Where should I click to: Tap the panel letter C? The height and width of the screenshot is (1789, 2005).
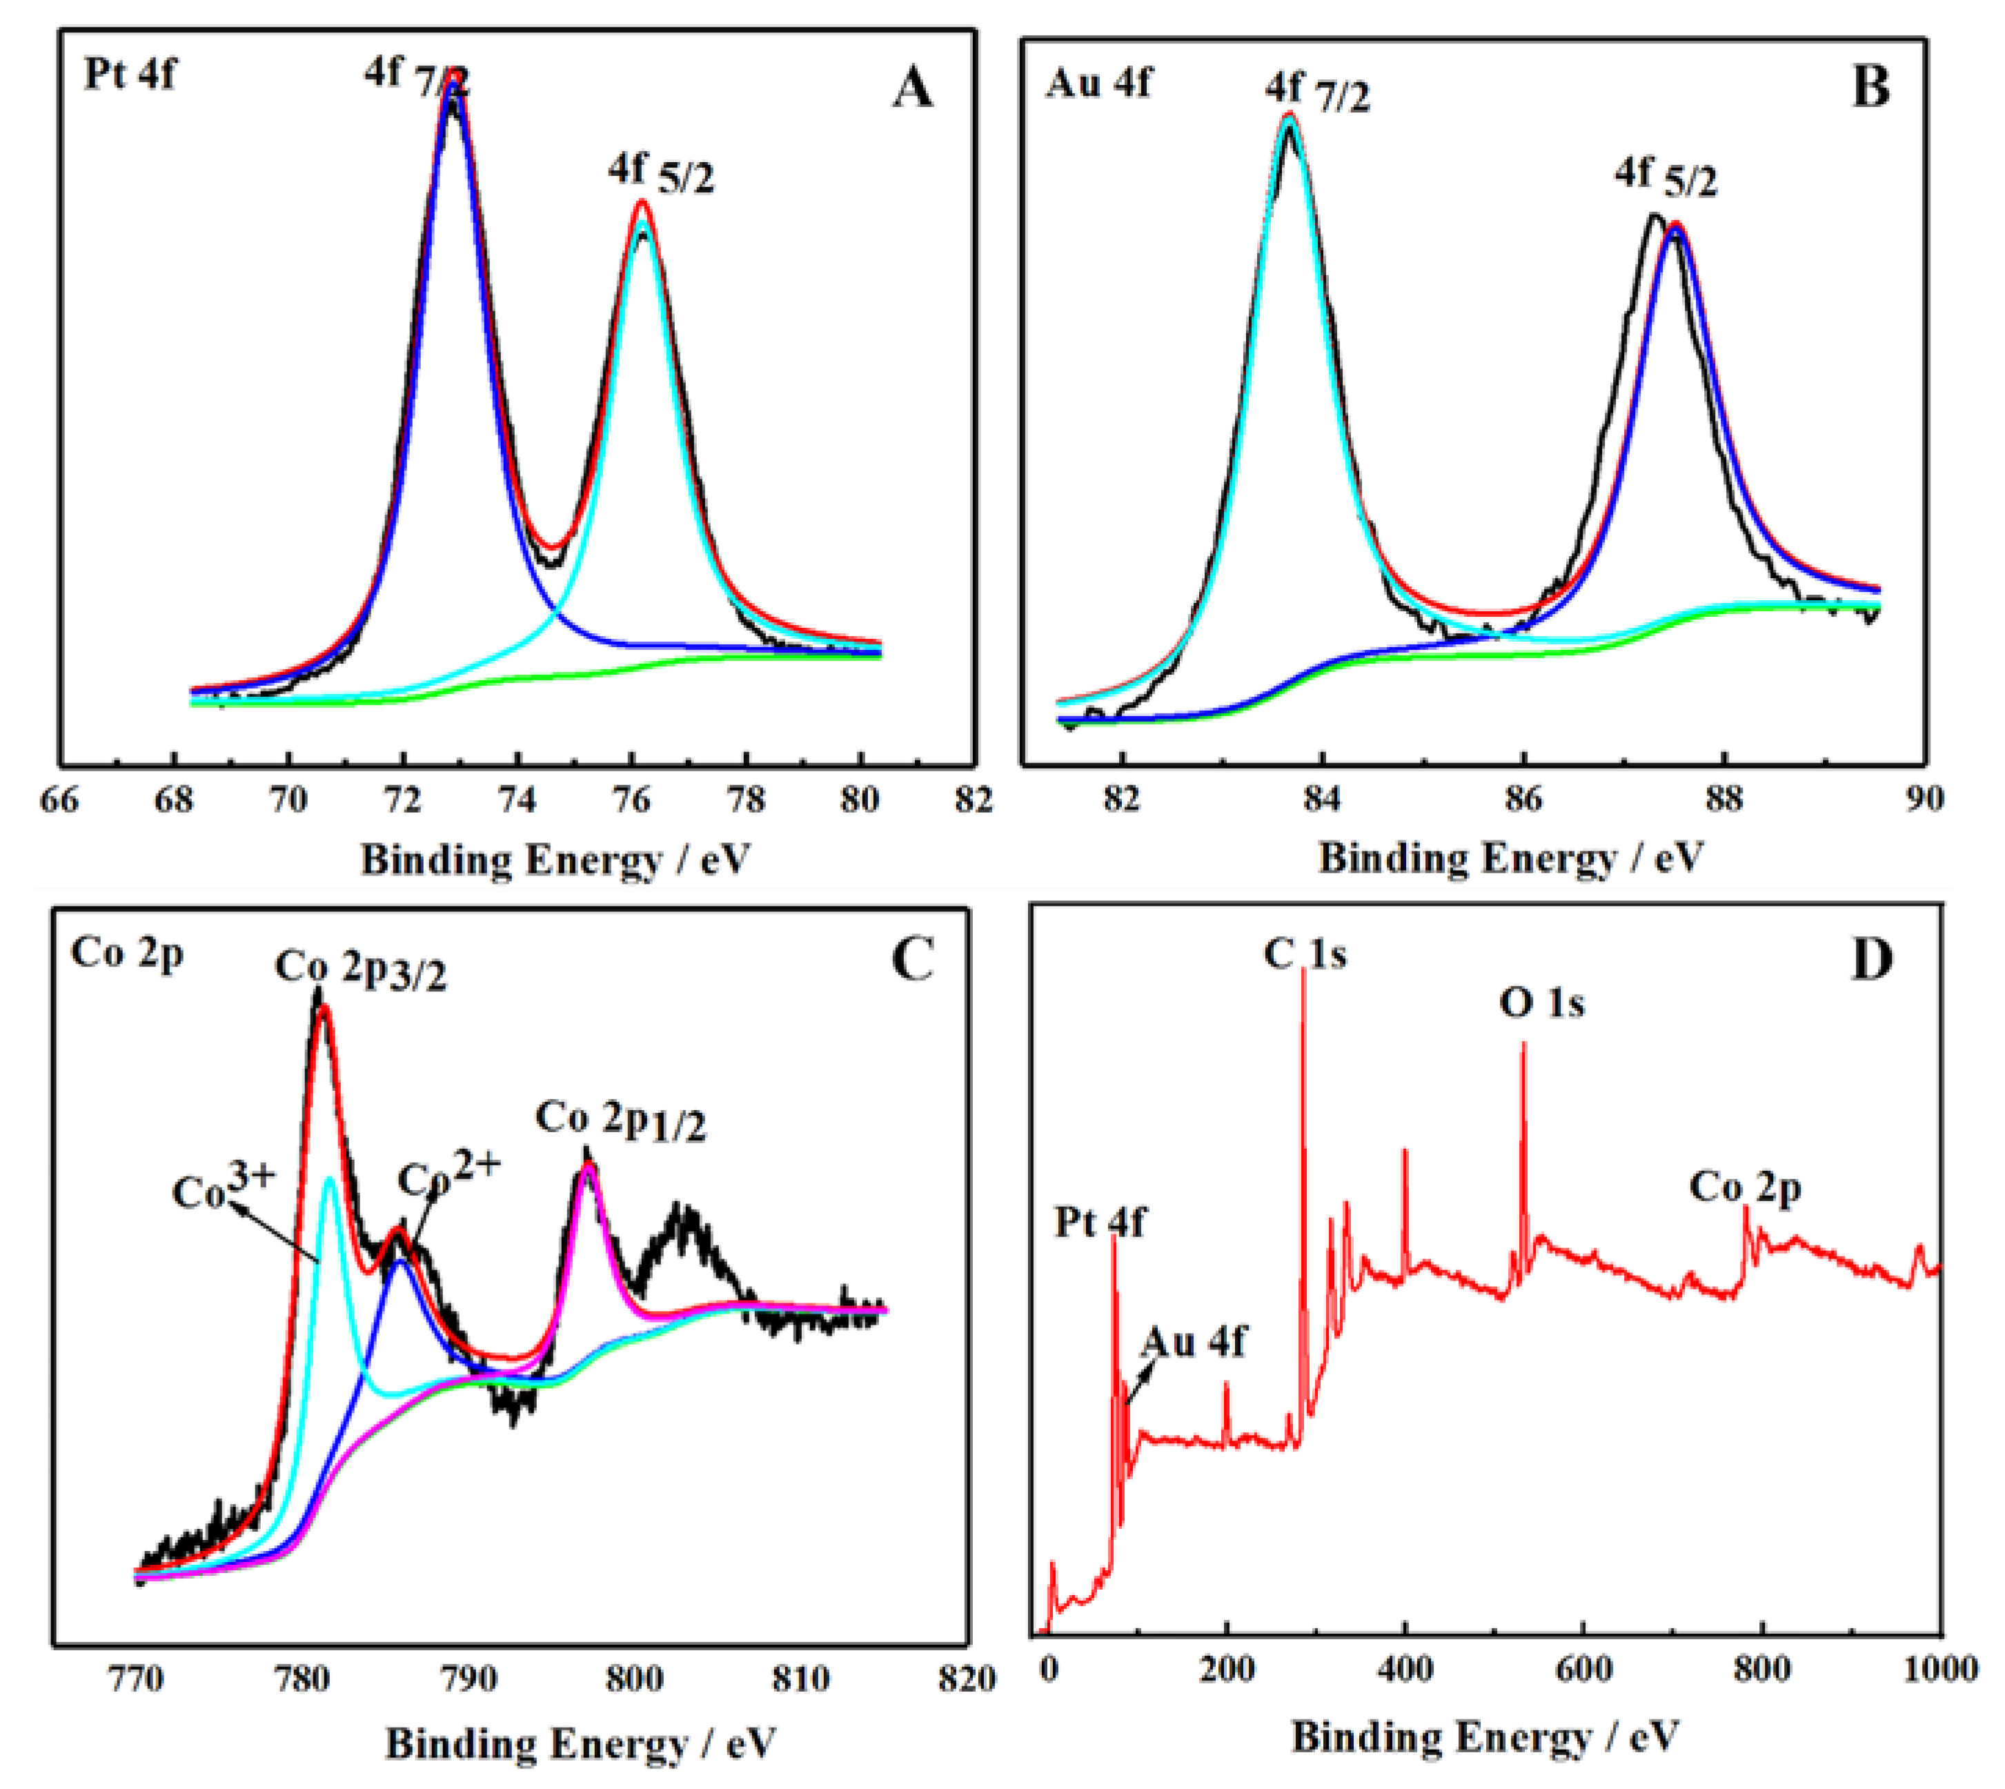[911, 960]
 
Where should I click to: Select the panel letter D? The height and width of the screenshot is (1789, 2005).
[1871, 960]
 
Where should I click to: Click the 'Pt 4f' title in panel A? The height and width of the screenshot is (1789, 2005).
[130, 75]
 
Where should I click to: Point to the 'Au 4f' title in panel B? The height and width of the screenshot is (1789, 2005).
[1098, 83]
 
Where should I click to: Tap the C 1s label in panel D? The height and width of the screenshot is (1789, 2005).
[1304, 953]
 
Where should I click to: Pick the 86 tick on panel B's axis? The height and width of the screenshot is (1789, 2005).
[1523, 799]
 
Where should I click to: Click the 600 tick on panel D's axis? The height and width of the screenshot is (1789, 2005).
[1583, 1669]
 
